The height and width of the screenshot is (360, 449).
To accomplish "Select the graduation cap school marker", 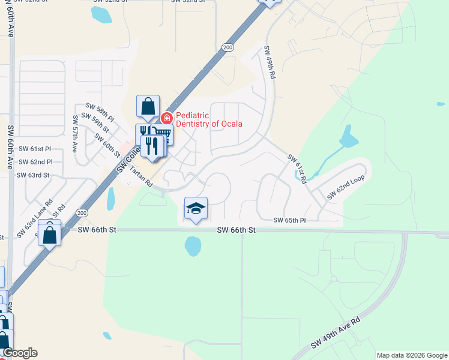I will point(196,208).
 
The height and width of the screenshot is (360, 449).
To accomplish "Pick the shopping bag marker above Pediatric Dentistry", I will point(148,107).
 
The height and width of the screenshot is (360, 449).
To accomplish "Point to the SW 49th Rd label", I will point(270,67).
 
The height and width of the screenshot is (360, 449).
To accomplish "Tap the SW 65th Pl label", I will point(289,221).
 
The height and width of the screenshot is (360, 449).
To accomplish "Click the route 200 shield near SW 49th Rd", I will point(227,47).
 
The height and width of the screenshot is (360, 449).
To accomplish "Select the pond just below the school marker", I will point(193,245).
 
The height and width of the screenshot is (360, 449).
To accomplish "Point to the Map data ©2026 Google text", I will point(411,355).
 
